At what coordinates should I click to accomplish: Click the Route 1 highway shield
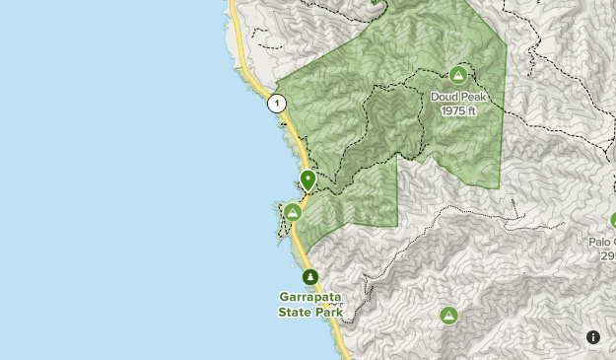[278, 103]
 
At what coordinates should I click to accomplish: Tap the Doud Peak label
[458, 97]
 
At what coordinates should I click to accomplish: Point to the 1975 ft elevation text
[458, 110]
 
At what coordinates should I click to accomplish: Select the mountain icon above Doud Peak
[458, 75]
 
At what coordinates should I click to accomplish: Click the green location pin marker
[308, 180]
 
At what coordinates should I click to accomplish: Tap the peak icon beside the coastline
[293, 212]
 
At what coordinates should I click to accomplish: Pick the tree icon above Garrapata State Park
[310, 277]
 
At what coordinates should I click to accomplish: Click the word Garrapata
[310, 298]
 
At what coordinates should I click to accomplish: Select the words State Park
[310, 313]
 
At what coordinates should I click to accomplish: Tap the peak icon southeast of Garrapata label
[448, 316]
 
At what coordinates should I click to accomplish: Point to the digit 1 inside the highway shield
[278, 103]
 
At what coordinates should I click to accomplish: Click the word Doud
[445, 97]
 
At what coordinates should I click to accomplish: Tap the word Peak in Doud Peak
[473, 97]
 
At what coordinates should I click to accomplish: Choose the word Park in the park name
[328, 313]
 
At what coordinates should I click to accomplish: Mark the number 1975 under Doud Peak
[452, 110]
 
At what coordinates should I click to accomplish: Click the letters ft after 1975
[472, 110]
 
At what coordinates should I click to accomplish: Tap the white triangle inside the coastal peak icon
[293, 212]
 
